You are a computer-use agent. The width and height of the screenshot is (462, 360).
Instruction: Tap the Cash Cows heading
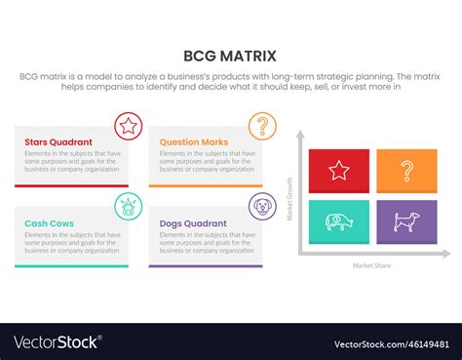(x=51, y=223)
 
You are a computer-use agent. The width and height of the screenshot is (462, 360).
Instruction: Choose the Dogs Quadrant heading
(x=195, y=223)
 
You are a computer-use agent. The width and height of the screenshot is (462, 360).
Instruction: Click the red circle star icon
(x=128, y=125)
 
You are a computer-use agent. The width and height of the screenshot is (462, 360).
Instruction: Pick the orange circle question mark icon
(x=262, y=125)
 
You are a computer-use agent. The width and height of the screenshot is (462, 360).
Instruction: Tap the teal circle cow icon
(x=128, y=206)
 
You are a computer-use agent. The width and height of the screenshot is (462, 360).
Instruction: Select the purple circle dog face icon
(x=262, y=206)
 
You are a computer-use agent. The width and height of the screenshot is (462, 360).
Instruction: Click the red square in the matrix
(x=339, y=171)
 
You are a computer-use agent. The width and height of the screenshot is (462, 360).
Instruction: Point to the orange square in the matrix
(x=406, y=171)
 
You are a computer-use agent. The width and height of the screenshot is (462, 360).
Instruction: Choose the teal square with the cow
(x=339, y=222)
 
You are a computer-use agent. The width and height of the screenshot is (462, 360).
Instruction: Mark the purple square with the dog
(x=406, y=222)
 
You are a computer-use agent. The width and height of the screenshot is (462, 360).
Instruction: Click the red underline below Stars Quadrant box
(x=71, y=185)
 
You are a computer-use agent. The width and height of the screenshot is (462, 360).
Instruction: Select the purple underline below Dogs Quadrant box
(x=206, y=266)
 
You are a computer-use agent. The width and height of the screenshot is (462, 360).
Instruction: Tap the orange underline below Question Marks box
(x=206, y=185)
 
